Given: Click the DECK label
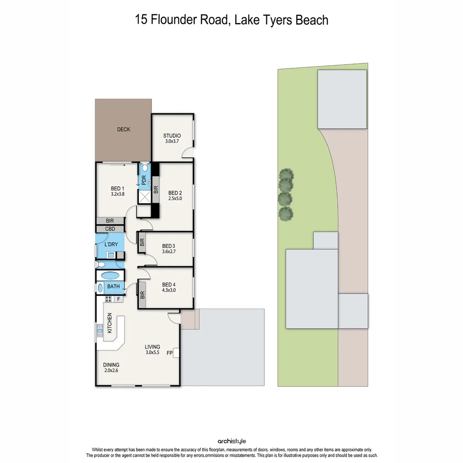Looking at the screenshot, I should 123,129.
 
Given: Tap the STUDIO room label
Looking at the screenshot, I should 172,136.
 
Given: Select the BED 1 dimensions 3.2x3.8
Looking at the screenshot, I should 117,194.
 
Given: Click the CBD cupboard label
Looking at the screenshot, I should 110,229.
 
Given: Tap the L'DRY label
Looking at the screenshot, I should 111,244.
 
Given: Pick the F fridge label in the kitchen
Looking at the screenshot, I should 119,299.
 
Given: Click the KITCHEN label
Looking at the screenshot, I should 109,323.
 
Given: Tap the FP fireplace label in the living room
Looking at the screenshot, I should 169,354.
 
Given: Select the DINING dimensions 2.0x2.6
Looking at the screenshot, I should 111,371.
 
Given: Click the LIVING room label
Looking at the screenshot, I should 152,347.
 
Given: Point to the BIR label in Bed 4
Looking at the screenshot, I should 142,295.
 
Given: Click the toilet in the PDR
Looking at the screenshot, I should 145,166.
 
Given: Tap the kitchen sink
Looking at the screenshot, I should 99,330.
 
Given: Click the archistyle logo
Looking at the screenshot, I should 232,441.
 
